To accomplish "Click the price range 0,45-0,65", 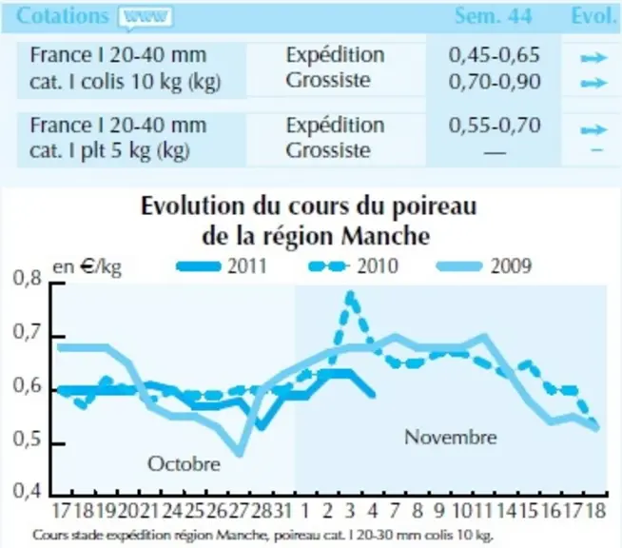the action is (495, 54).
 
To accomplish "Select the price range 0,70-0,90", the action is (495, 82).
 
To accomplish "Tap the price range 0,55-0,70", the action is (495, 126).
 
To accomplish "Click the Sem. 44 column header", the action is (493, 16).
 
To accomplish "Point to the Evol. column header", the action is (593, 16).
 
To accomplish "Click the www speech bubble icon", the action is (146, 18).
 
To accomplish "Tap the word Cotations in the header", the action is (62, 16).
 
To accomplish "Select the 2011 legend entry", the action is (223, 265).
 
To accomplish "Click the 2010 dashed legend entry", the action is (353, 265).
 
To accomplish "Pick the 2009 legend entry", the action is (483, 265).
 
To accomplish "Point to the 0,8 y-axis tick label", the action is (27, 278).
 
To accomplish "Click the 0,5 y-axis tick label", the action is (27, 439).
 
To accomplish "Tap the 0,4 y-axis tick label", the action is (27, 491).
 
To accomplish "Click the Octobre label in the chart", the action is (184, 464).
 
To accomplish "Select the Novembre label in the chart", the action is (450, 438).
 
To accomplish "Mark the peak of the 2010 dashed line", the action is (350, 294).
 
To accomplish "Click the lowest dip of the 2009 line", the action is (240, 452).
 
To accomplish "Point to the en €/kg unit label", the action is (87, 266).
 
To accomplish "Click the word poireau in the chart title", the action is (435, 207).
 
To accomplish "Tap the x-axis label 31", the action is (282, 511).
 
